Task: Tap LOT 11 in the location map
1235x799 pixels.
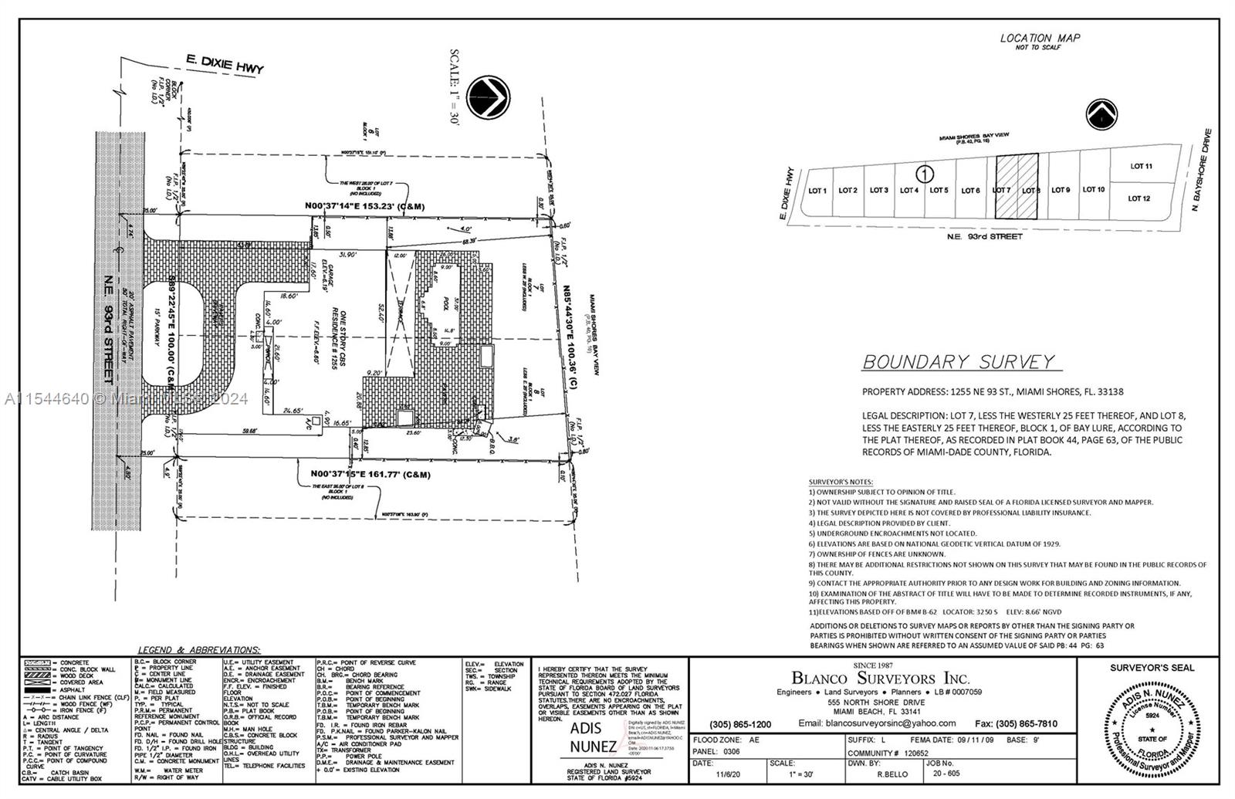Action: (x=1141, y=166)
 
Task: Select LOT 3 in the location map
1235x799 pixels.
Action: (x=878, y=190)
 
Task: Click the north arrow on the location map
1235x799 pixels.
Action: (x=1102, y=116)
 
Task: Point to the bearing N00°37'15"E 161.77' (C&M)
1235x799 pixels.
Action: (x=370, y=474)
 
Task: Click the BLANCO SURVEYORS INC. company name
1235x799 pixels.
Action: (x=880, y=679)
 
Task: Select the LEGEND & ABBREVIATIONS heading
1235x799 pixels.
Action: (x=198, y=651)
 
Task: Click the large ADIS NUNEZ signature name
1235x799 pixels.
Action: (x=592, y=736)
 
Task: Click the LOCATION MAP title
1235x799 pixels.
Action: (x=1040, y=38)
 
